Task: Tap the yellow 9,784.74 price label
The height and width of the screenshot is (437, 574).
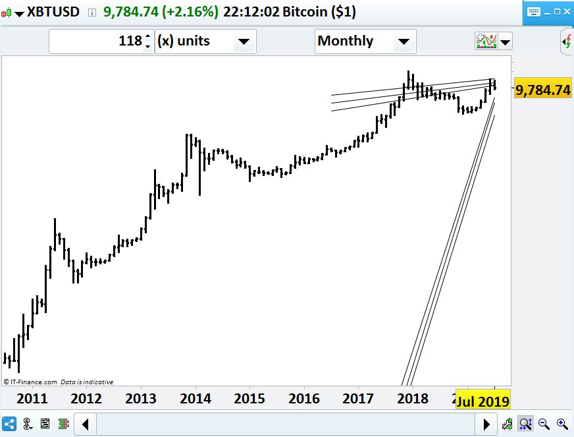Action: [x=542, y=90]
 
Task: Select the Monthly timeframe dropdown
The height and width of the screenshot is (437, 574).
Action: [x=365, y=41]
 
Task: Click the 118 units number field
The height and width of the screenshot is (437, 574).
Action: [x=101, y=41]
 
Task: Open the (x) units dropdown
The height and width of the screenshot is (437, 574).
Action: [x=205, y=41]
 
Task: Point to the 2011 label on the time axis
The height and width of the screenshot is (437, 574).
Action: [x=32, y=399]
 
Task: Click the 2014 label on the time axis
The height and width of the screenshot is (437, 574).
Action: [x=195, y=399]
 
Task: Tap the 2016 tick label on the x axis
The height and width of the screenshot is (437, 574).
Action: [x=304, y=399]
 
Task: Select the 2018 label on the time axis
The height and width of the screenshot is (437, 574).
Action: [x=413, y=399]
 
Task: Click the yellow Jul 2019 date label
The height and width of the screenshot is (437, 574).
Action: [x=483, y=401]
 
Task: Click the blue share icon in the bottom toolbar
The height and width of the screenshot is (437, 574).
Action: [x=10, y=423]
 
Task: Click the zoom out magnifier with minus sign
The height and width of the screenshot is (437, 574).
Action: [x=544, y=423]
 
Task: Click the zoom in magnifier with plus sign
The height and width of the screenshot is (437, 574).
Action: [x=561, y=423]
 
